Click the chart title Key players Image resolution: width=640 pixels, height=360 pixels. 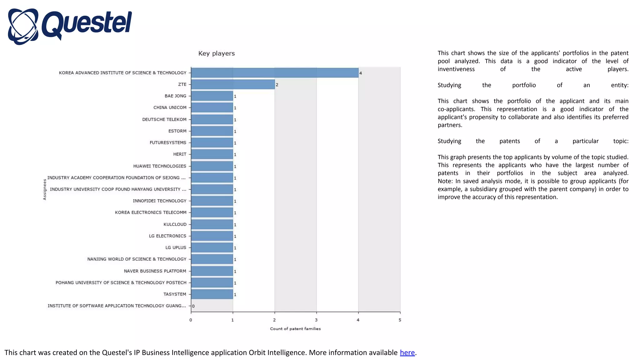point(216,53)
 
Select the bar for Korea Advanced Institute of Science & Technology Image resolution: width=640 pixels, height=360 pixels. point(274,73)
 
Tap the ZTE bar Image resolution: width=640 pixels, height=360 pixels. point(233,84)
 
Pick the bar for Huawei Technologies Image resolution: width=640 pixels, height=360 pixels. point(212,166)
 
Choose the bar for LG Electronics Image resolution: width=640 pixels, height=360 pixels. point(212,236)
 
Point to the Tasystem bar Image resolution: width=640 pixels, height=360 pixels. point(212,294)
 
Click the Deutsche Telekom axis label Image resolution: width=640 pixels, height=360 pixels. point(164,119)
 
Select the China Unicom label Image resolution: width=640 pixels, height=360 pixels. point(170,107)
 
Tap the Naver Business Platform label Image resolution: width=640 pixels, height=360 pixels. point(155,271)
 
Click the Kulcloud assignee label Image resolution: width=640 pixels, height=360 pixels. point(175,224)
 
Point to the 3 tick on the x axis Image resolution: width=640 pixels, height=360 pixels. point(316,320)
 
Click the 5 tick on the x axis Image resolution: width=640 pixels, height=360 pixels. point(400,320)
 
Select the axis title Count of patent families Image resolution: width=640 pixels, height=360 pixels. point(295,329)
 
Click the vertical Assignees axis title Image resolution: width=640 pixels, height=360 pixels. point(45,189)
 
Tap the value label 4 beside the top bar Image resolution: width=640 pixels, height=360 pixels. point(361,73)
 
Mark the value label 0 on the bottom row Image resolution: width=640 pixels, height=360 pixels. point(193,306)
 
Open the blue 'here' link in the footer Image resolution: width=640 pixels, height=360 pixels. point(407,352)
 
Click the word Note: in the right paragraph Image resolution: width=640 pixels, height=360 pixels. point(445,181)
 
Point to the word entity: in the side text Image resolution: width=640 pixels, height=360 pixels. point(619,85)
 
